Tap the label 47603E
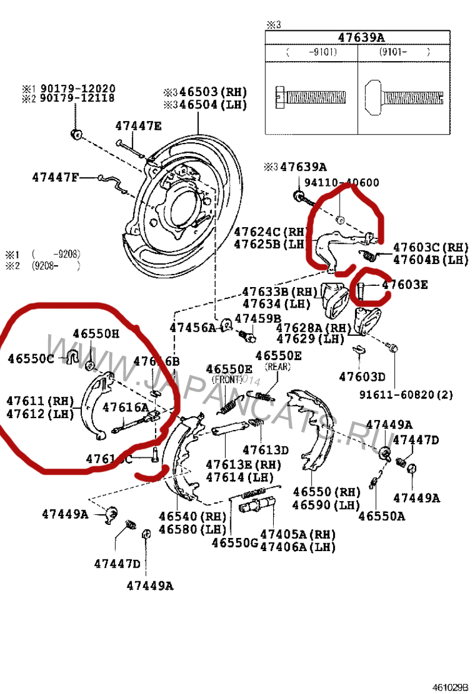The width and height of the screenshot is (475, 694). pos(404,285)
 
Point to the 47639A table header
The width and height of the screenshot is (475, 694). pos(361,37)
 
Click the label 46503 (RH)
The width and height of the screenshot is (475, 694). pos(205,93)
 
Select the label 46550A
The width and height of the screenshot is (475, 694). pos(382,516)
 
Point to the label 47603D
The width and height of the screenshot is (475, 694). pos(362,376)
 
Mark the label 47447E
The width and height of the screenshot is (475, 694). pos(138,126)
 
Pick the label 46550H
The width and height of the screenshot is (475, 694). pos(96,334)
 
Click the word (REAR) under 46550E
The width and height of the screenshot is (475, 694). pos(278,367)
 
